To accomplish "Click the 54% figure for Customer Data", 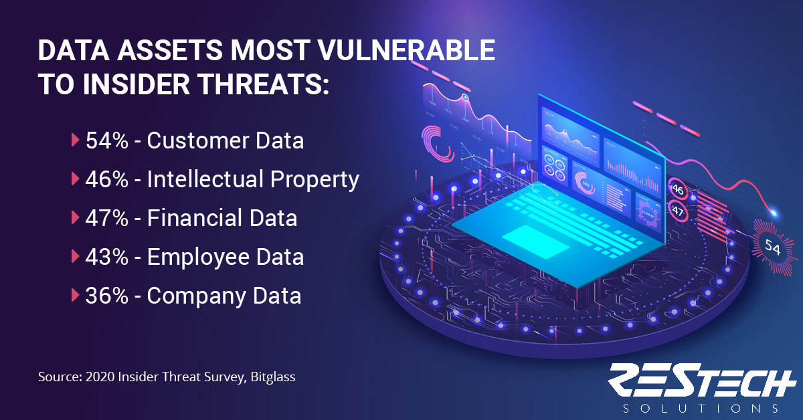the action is click(107, 140).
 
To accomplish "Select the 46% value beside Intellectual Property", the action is click(107, 179).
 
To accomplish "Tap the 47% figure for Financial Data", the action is click(107, 218).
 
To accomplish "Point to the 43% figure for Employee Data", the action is click(107, 257).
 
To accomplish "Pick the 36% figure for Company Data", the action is click(107, 296).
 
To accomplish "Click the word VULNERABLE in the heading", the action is click(407, 50).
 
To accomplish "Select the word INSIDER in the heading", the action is click(137, 84).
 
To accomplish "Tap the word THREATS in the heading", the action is click(264, 84).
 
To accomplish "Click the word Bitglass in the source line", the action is click(273, 377).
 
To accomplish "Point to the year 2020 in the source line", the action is click(100, 377).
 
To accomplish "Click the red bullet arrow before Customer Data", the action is click(75, 140).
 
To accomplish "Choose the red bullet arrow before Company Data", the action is click(75, 296).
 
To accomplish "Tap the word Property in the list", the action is click(315, 180).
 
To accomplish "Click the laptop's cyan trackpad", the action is click(535, 241).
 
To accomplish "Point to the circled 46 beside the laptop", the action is click(677, 189).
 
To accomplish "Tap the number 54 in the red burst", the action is click(772, 247).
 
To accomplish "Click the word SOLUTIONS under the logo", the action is click(701, 408).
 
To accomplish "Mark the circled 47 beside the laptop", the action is click(677, 211).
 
